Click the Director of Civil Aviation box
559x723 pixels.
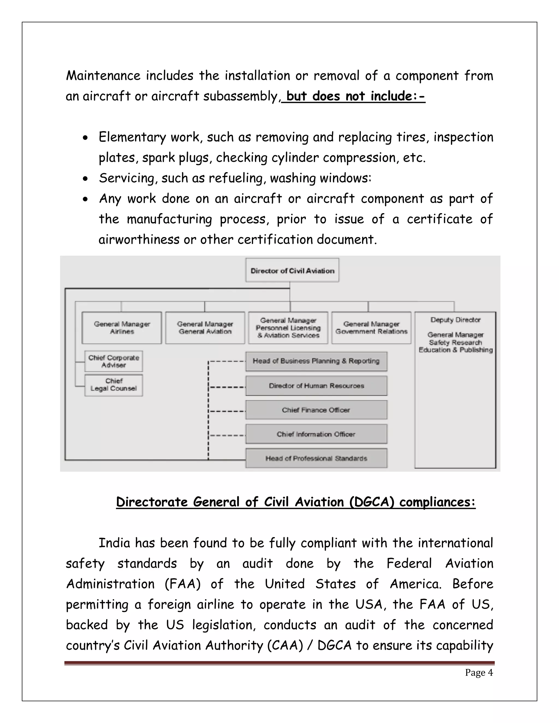coord(292,270)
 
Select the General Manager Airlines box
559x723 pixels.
coord(122,328)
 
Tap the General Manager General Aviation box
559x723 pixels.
coord(205,328)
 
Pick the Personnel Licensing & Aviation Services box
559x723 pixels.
coord(288,328)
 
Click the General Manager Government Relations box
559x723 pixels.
coord(371,328)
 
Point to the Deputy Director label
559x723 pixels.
coord(455,320)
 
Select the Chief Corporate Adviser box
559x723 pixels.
coord(114,361)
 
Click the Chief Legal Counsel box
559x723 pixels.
coord(114,385)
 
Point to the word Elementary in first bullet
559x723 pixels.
coord(132,137)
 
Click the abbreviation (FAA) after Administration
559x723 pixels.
coord(183,584)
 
